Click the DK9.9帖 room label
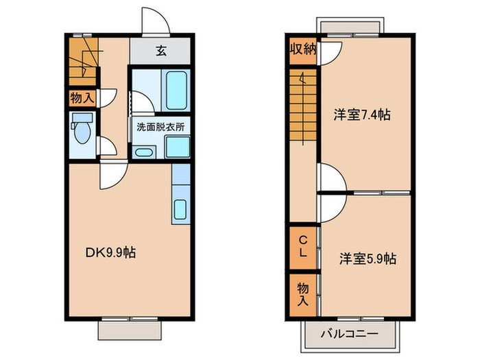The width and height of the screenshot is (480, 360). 110,252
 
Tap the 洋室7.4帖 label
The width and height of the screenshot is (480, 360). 362,115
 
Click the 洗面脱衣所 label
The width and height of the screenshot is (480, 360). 160,126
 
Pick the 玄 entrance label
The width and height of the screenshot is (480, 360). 160,50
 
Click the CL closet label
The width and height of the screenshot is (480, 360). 302,245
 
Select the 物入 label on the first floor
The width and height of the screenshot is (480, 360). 82,97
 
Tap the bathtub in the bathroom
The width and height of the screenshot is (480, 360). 177,90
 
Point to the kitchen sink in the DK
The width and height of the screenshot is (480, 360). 180,210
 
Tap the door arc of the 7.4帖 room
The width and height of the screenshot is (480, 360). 331,180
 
